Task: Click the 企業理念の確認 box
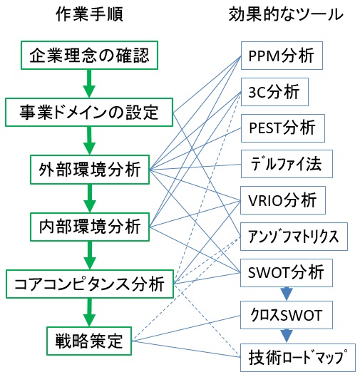89,55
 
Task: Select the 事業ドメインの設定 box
89,112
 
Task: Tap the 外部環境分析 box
90,170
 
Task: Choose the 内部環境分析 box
90,227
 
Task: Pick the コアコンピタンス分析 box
90,284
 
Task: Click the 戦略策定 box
89,341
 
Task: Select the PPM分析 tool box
282,56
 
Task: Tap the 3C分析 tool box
274,92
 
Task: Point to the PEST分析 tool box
283,128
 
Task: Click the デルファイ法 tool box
287,164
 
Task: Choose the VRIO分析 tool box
283,200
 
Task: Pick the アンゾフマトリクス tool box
294,237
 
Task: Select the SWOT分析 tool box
287,273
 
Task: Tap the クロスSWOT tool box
287,315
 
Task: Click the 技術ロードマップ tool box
298,358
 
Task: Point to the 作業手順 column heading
89,14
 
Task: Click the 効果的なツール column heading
286,14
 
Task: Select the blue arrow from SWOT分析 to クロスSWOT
287,294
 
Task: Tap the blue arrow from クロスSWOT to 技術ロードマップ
287,336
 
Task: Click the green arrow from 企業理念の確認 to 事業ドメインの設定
89,83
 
